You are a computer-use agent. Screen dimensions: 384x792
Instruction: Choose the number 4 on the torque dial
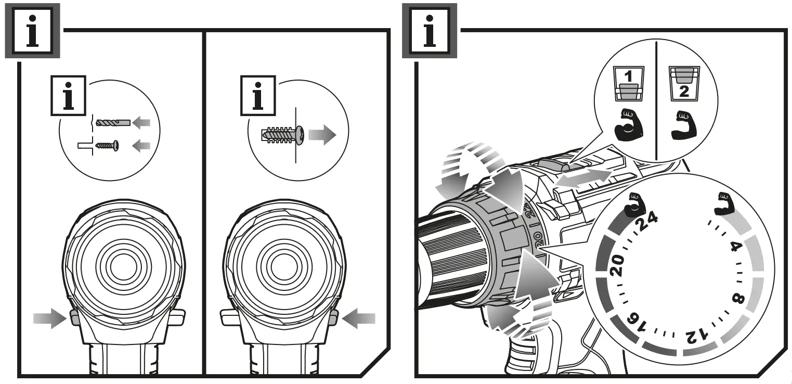pyautogui.click(x=735, y=246)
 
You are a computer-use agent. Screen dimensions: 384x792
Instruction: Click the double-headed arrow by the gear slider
pyautogui.click(x=581, y=178)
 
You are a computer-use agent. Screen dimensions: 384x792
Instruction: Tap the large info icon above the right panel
pyautogui.click(x=430, y=30)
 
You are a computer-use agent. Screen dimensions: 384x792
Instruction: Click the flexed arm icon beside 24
pyautogui.click(x=633, y=204)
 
